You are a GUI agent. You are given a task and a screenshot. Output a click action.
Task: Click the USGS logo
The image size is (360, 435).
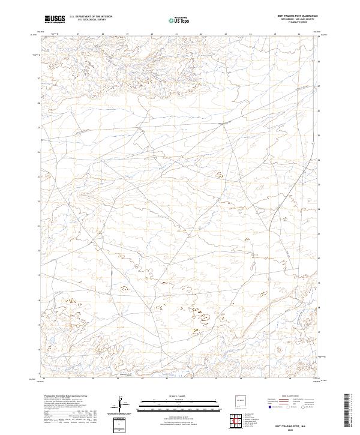(55, 19)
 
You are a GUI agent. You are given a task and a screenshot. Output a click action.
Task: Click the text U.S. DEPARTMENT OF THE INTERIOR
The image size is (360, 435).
(91, 17)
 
